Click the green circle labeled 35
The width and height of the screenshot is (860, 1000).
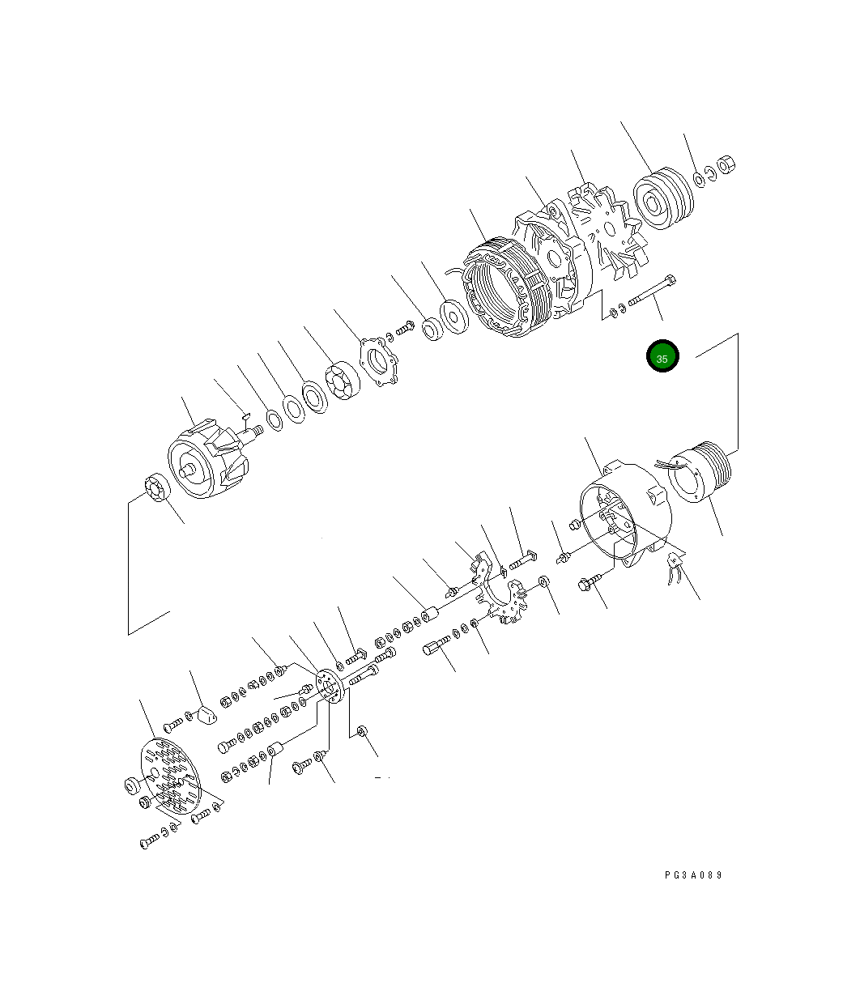(x=662, y=357)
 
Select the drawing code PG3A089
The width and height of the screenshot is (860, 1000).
(x=693, y=875)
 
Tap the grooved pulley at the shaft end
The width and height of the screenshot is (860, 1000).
(x=662, y=199)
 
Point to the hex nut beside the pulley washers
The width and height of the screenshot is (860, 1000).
(x=726, y=164)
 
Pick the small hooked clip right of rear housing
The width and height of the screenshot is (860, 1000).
(x=673, y=569)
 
